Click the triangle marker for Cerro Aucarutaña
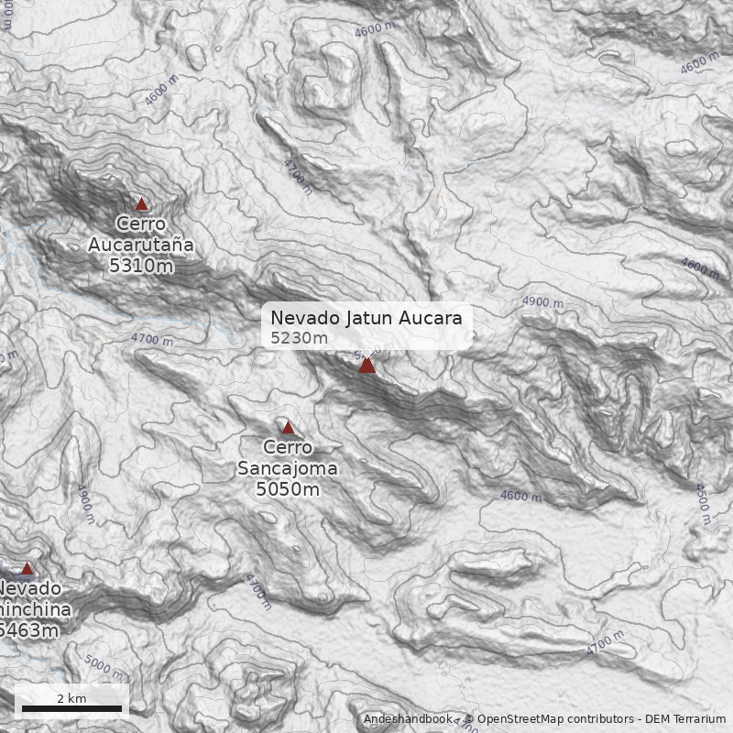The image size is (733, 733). (141, 204)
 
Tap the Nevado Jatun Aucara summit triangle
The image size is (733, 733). (367, 366)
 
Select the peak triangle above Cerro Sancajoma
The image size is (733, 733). (288, 428)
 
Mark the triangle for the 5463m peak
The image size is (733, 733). (27, 569)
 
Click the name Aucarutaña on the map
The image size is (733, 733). (141, 245)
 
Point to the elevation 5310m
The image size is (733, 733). (141, 266)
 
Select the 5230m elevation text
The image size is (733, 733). (299, 338)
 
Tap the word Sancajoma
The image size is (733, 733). (288, 468)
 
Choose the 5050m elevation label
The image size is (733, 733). (288, 489)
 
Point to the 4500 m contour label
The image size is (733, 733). (703, 504)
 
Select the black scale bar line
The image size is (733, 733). (71, 708)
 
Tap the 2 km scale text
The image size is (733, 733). (71, 698)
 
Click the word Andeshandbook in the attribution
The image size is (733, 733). (407, 719)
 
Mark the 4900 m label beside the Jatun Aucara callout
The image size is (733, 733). (542, 301)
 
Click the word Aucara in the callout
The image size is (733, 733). (430, 318)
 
